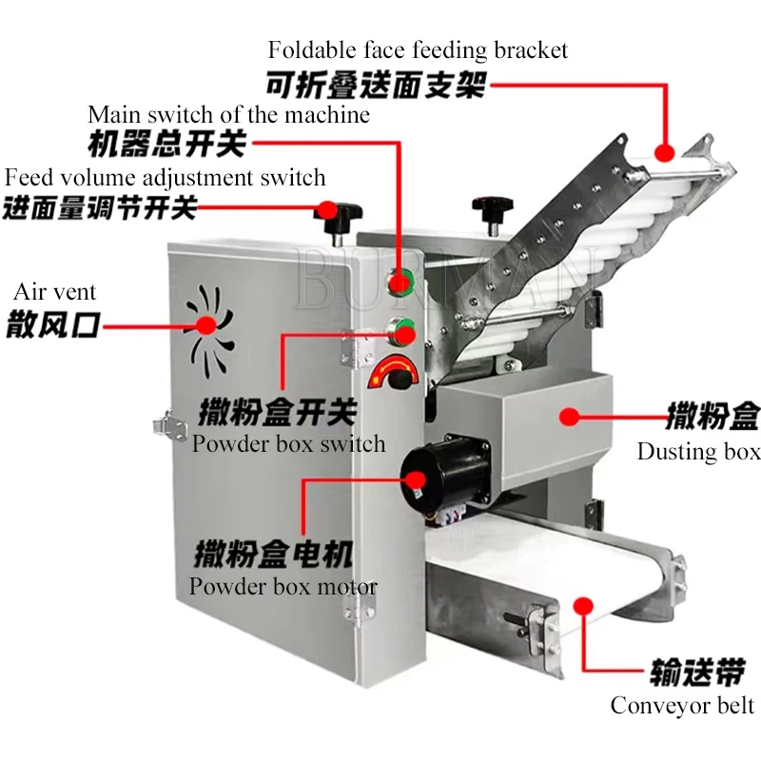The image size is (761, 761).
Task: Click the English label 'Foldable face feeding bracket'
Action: (x=418, y=49)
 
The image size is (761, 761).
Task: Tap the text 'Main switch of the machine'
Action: (x=228, y=115)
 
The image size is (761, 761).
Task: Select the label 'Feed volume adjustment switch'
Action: (x=165, y=178)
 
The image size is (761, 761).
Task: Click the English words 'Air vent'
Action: (x=54, y=292)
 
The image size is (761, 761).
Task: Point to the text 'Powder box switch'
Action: (x=289, y=443)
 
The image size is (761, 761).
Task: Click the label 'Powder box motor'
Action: (x=283, y=586)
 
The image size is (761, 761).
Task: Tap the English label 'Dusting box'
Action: (x=698, y=451)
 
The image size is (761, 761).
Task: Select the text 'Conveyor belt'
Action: (x=682, y=705)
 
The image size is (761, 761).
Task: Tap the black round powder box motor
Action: (x=425, y=475)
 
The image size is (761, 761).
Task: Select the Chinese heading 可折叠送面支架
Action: (x=375, y=85)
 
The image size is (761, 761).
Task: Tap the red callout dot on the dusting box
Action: (x=569, y=416)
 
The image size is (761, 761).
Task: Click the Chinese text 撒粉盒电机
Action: (x=274, y=553)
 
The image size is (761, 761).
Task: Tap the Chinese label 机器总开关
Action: (x=166, y=145)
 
